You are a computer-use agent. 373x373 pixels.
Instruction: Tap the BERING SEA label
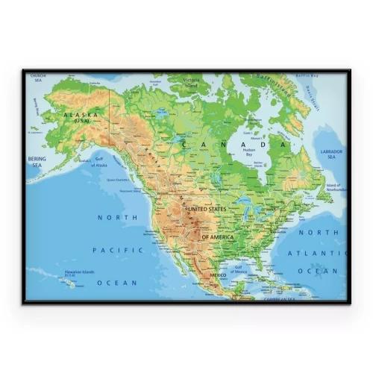click(37, 161)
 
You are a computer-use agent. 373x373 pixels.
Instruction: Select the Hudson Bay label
click(250, 152)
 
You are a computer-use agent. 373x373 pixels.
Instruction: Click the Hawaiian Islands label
click(78, 272)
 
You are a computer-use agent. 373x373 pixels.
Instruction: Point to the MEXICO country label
click(217, 275)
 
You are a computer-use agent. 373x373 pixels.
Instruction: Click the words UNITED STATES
click(207, 209)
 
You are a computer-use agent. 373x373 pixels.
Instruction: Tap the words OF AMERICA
click(217, 236)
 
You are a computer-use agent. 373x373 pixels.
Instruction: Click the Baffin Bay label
click(306, 75)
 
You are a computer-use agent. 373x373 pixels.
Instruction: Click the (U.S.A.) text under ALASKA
click(80, 120)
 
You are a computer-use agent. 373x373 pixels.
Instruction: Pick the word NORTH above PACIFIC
click(119, 217)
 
